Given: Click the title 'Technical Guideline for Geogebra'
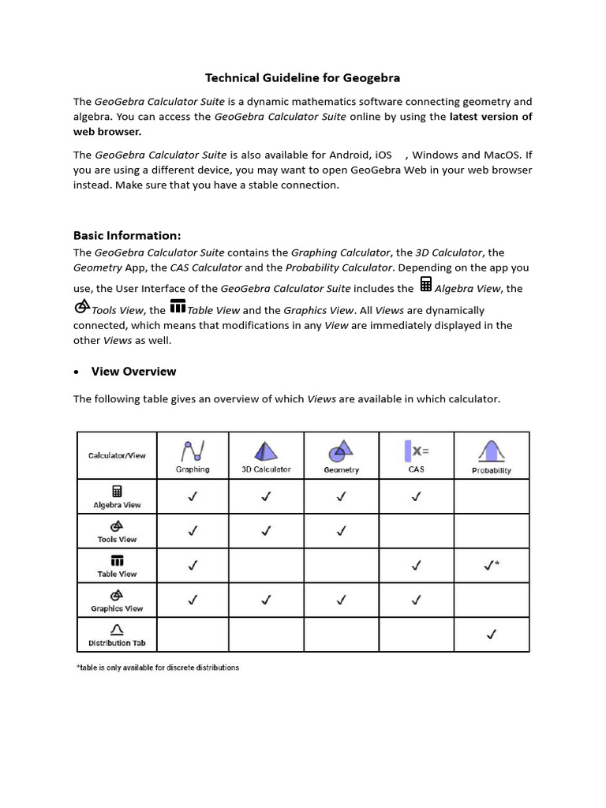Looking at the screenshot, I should point(302,77).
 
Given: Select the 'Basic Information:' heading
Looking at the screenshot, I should point(127,235).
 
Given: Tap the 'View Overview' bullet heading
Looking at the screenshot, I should point(133,371).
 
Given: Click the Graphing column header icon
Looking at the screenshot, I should point(193,451).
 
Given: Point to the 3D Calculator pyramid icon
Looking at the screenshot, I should point(266,451).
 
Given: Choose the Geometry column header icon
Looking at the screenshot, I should point(341,451).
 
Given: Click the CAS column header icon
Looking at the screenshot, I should point(417,451).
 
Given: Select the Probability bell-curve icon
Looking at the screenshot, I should point(491,451).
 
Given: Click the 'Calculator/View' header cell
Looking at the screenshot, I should point(117,455).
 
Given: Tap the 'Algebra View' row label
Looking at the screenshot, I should point(117,505).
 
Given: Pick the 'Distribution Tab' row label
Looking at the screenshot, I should point(117,643).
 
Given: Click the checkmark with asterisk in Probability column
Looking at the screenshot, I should point(492,565).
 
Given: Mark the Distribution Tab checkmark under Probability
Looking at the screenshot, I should point(492,634).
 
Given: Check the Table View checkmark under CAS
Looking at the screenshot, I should point(417,565).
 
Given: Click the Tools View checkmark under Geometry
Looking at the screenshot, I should point(341,531).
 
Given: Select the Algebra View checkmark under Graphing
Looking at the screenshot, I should point(193,496).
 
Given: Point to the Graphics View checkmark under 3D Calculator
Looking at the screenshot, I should point(266,600).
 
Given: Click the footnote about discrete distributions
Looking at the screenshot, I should point(158,668).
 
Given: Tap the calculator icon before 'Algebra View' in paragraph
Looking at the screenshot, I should point(426,285).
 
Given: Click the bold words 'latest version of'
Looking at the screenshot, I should point(490,117).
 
